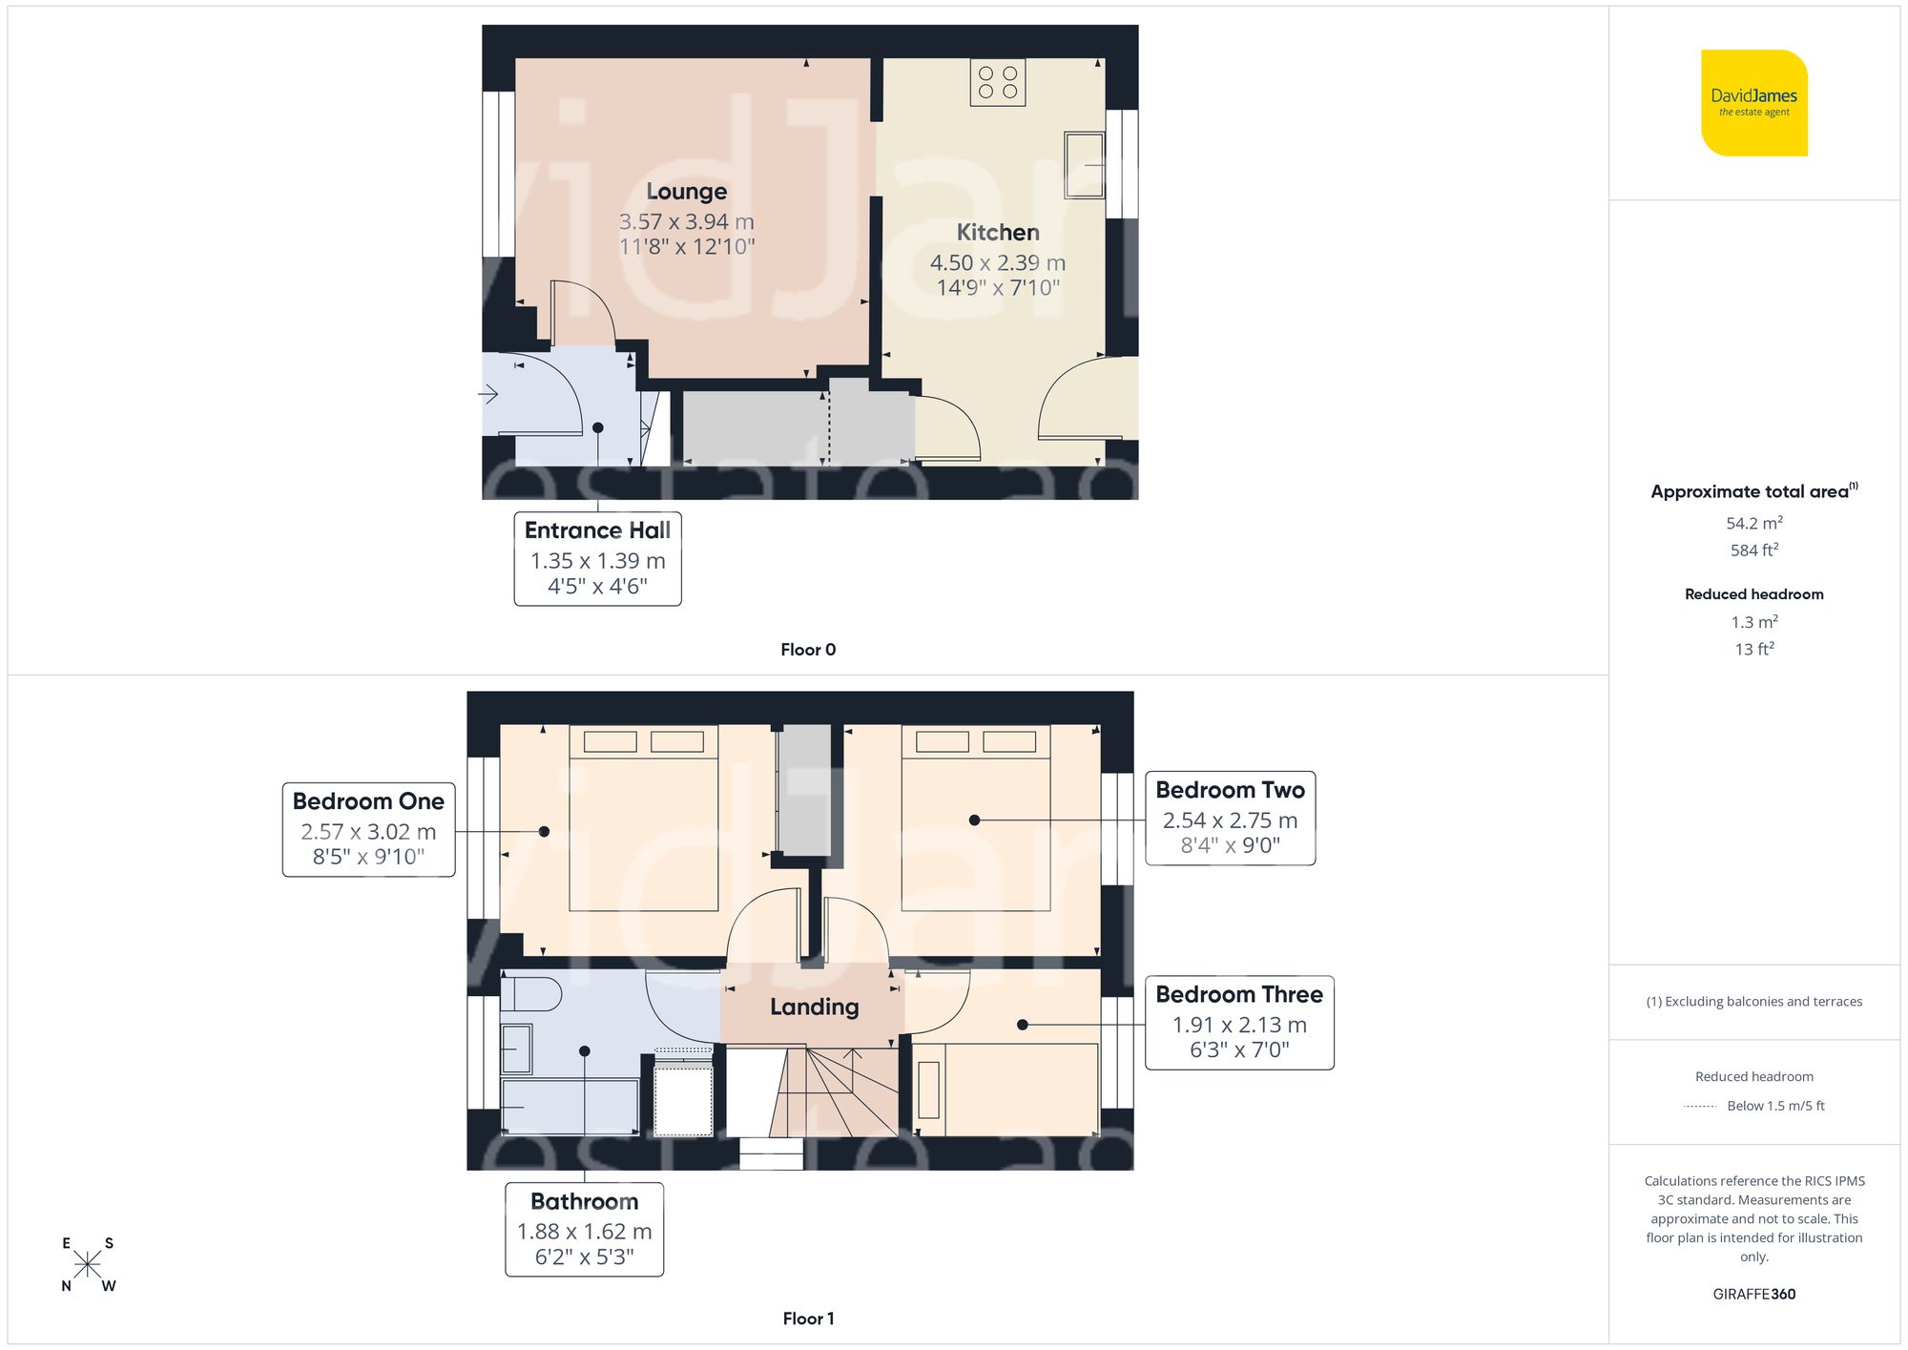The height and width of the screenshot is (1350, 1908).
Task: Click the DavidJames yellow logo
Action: (1753, 103)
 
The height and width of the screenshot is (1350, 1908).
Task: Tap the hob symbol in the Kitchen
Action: (998, 82)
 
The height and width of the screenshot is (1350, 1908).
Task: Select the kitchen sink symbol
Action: (1085, 165)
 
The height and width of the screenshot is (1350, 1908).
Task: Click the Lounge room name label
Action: (686, 192)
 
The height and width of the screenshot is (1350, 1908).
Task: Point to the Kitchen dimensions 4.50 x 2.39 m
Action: (997, 262)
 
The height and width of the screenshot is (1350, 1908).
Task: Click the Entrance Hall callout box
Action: (597, 558)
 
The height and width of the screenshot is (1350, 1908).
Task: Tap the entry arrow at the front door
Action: (488, 393)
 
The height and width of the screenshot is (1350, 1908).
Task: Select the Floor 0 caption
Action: (807, 650)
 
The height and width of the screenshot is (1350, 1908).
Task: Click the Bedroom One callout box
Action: (368, 828)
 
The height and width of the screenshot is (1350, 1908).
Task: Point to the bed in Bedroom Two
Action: (975, 820)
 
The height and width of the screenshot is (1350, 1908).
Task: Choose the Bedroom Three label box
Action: (1238, 1022)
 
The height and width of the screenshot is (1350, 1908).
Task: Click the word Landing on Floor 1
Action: (814, 1007)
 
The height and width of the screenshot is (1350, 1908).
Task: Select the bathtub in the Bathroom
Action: (570, 1107)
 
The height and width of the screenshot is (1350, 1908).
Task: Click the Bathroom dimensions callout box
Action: (584, 1229)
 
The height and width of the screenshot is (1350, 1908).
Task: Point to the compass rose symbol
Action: (87, 1264)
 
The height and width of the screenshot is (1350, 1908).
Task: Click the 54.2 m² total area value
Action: (1753, 523)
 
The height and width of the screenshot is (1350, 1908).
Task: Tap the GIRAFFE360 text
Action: (1753, 1294)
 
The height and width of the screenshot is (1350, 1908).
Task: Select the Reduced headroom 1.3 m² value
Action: (1753, 622)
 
